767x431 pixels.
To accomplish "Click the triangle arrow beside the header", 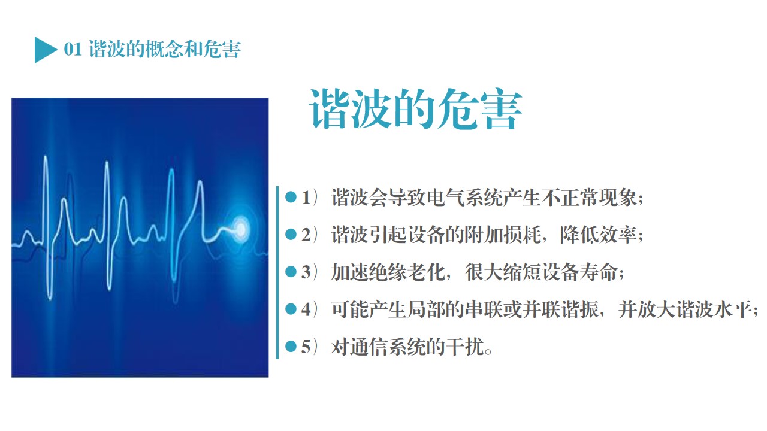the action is coord(44,50).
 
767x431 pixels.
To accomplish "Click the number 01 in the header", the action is coord(73,49).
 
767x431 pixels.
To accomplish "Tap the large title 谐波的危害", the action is coord(415,109).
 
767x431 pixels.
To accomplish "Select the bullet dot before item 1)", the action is coord(291,197).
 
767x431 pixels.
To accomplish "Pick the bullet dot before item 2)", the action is coord(291,234).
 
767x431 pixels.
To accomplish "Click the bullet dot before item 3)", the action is coord(291,272).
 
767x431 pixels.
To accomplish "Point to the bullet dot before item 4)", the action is coord(291,309).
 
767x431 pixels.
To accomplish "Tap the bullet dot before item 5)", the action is coord(291,347).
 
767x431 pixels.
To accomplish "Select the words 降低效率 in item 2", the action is coord(598,235).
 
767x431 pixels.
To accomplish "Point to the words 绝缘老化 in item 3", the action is coord(388,272).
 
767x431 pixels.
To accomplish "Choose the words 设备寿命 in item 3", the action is coord(579,272).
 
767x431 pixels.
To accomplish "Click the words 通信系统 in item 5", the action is coord(388,347).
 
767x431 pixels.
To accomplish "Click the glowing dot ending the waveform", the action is coord(241,229).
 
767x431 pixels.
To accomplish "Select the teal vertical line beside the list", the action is coord(277,272).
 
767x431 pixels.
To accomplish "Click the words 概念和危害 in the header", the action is coord(193,49).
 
